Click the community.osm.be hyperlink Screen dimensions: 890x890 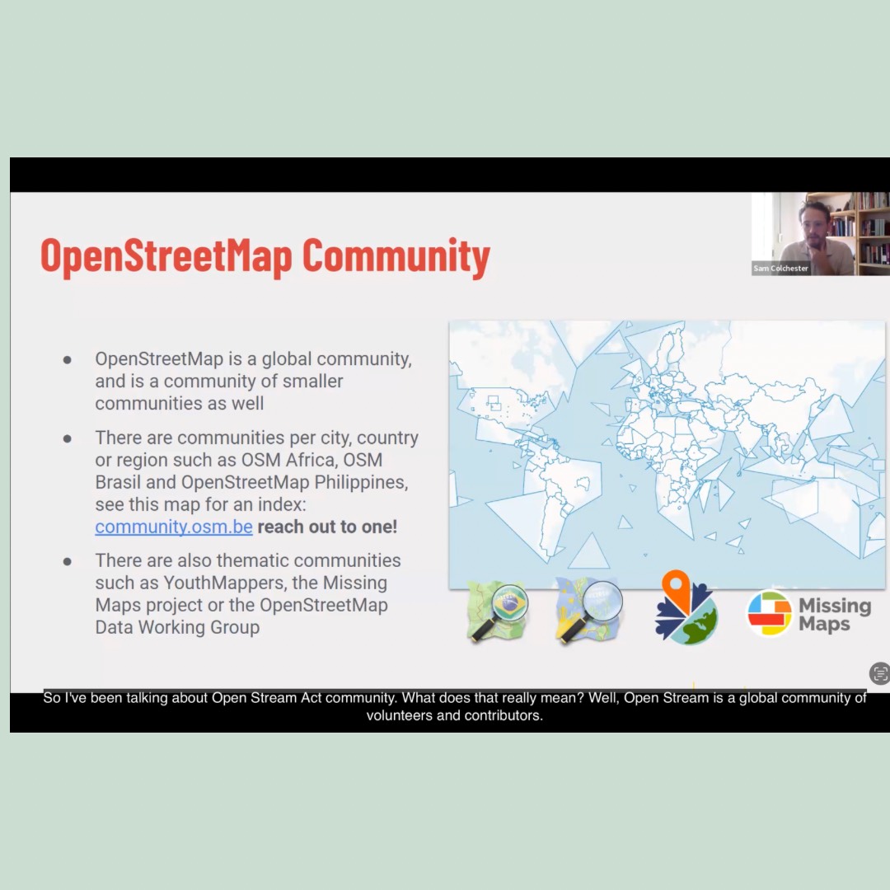[x=173, y=527]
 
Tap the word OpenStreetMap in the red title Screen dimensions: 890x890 [x=166, y=256]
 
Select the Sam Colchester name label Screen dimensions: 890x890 [x=780, y=269]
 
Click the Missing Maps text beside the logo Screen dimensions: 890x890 [x=834, y=615]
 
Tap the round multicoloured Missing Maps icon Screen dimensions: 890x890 [x=769, y=614]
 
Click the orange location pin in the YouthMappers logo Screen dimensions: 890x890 [x=676, y=587]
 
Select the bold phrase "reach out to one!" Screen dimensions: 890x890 [x=327, y=527]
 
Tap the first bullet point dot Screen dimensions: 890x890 [x=68, y=360]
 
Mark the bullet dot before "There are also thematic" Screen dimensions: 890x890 [x=68, y=561]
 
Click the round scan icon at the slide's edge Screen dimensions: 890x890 [x=879, y=673]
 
